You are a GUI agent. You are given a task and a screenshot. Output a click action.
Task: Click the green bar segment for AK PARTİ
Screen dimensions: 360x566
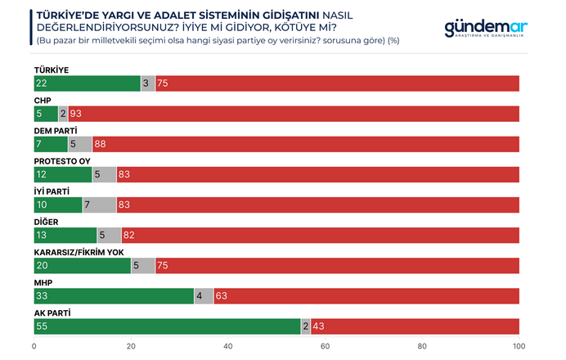coord(167,326)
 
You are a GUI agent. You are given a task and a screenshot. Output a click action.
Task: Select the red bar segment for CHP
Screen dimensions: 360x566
coord(294,114)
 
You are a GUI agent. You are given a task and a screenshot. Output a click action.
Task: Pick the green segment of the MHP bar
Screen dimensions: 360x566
coord(114,295)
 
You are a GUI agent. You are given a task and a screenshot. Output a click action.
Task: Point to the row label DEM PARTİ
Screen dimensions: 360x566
coord(56,130)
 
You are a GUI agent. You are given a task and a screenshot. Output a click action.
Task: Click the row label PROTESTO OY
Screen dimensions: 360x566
coord(61,160)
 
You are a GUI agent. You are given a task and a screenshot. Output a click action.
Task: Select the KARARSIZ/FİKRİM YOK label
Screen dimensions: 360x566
coord(78,251)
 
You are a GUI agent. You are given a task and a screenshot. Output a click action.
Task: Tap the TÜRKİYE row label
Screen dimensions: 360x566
coord(52,70)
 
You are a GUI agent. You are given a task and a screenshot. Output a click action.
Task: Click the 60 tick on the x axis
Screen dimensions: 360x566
coord(325,346)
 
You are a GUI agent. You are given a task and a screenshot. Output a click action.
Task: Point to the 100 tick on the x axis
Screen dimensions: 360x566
coord(518,346)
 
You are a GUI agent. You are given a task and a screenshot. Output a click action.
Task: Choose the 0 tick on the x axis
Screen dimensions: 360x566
coord(34,346)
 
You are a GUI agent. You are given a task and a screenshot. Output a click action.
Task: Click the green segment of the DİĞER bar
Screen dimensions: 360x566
coord(65,235)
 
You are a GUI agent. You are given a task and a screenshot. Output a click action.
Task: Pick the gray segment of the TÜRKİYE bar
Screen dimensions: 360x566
coord(148,83)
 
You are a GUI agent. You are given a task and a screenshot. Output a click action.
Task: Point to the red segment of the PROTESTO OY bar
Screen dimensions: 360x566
coord(319,174)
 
